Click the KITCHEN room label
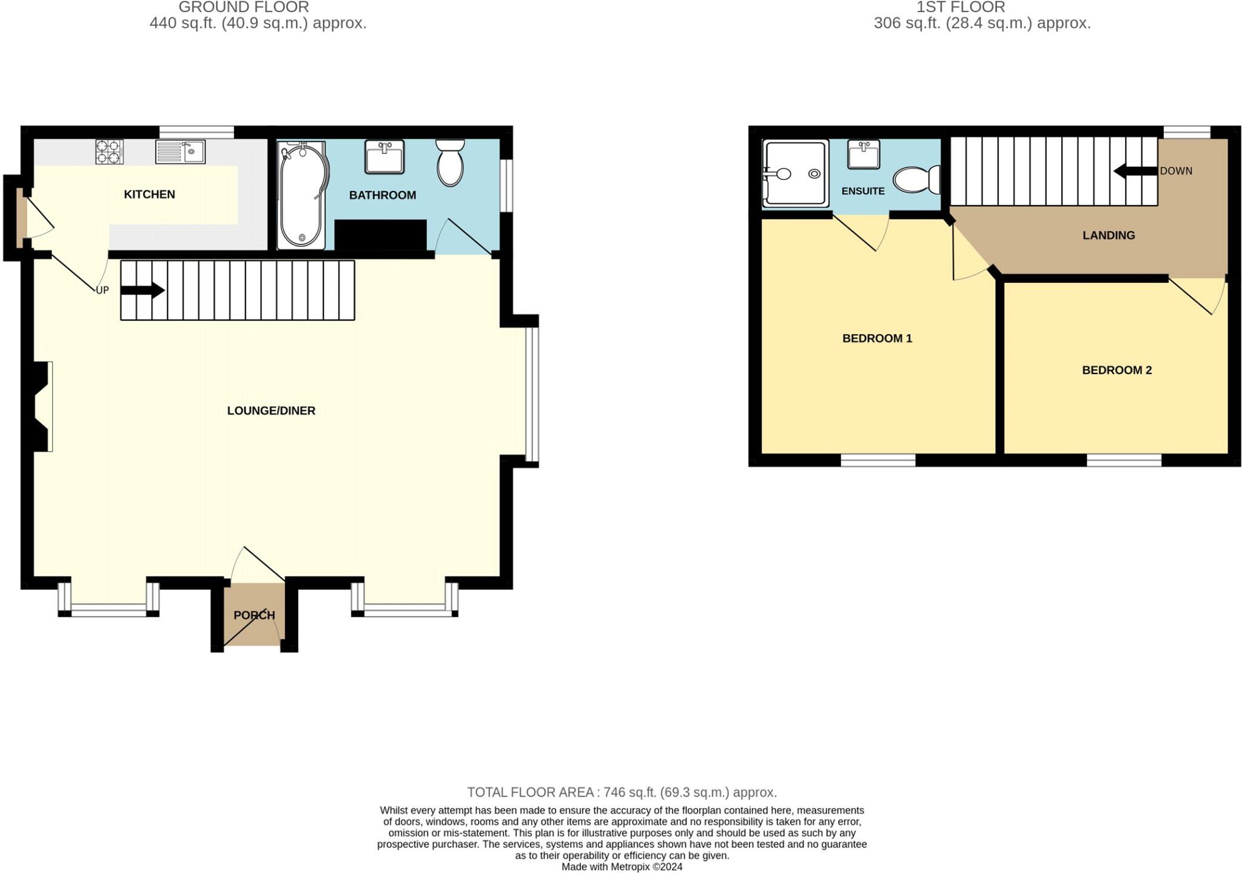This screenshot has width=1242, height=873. click(149, 195)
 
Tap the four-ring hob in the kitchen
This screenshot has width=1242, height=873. click(109, 152)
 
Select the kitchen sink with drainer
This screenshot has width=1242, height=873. click(180, 152)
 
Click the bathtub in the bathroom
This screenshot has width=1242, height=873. click(301, 196)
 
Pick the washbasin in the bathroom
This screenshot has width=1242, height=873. click(384, 156)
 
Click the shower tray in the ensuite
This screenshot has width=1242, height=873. click(795, 173)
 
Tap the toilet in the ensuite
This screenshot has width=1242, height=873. click(916, 179)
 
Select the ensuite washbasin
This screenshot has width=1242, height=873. click(863, 155)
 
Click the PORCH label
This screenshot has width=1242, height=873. click(254, 615)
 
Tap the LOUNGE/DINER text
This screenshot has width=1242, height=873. click(271, 411)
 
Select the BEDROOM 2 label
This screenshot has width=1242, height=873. click(1116, 370)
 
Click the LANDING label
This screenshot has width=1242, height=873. click(1109, 235)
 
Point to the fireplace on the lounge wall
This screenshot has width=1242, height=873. click(41, 406)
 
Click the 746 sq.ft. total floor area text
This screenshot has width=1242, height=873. click(622, 792)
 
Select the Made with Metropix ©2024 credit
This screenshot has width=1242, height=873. click(622, 867)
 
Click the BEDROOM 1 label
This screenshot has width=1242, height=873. click(877, 338)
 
